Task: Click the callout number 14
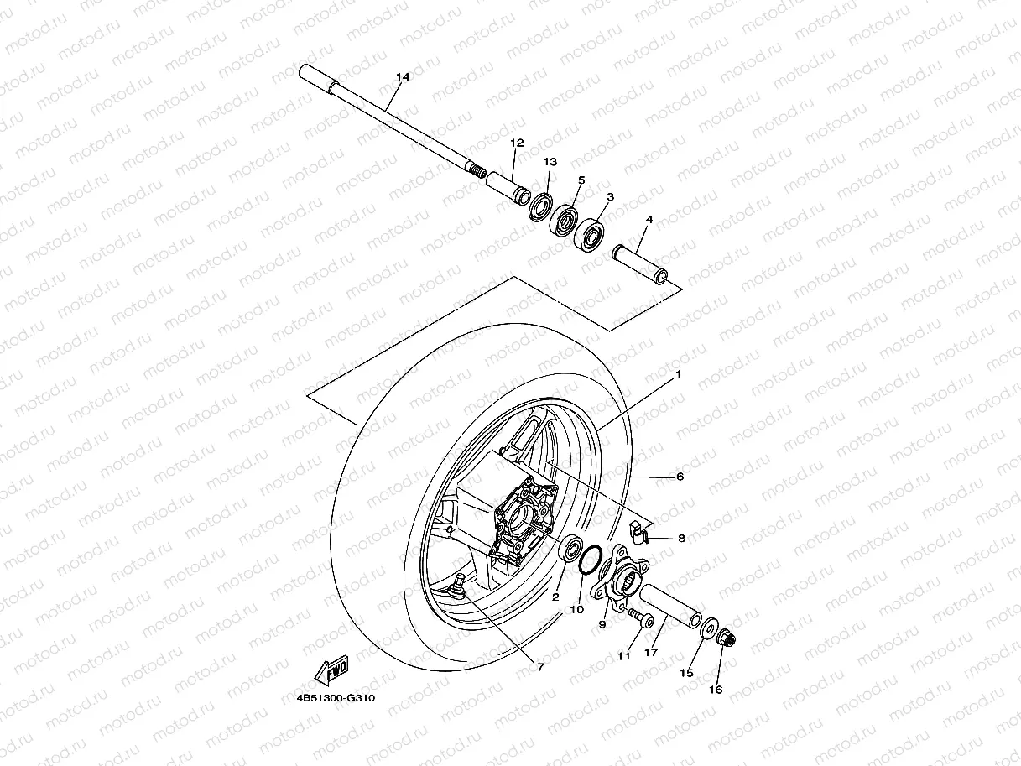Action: (x=403, y=77)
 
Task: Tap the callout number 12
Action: (x=516, y=143)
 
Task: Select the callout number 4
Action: (x=649, y=220)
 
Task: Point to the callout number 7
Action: (x=540, y=667)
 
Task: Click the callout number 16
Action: (x=715, y=690)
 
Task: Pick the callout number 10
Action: (x=576, y=610)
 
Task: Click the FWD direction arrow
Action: (x=333, y=670)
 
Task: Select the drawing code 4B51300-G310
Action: (x=335, y=697)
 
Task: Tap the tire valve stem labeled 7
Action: (x=460, y=584)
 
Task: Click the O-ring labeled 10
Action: (x=590, y=560)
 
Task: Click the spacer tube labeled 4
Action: (x=642, y=264)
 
